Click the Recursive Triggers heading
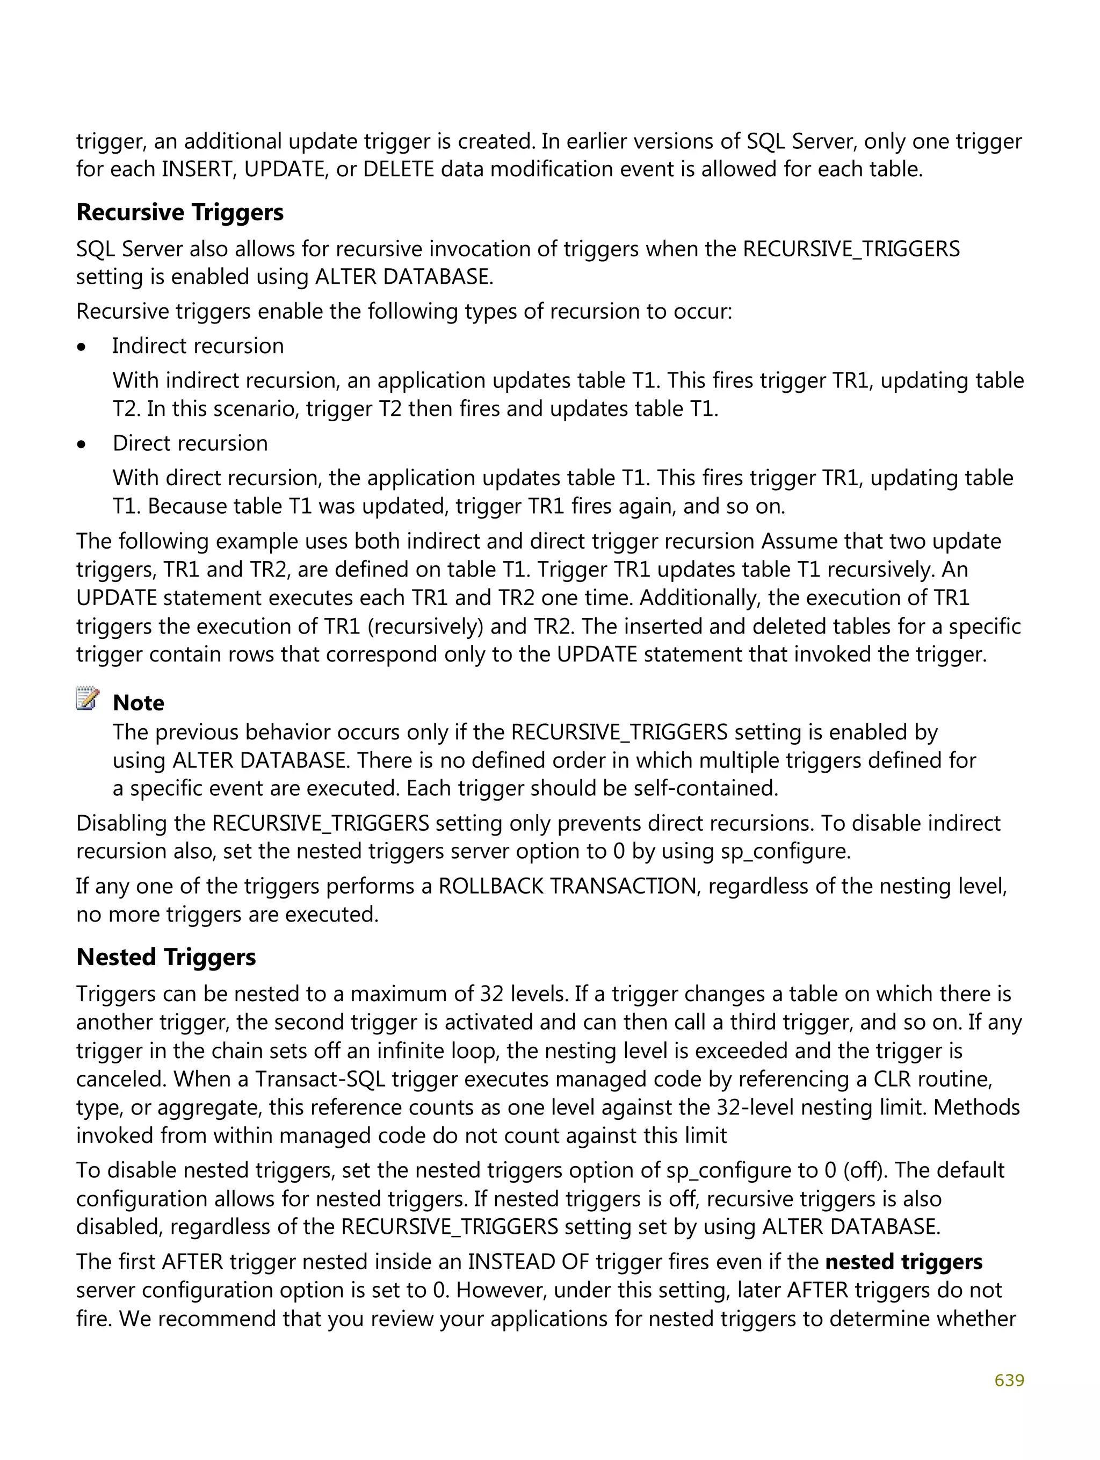coord(179,213)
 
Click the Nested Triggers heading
coord(165,957)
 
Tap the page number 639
coord(1009,1380)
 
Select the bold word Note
coord(139,703)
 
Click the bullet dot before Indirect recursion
coord(82,347)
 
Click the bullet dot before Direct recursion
coord(82,445)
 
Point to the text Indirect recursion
coord(198,346)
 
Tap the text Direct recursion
coord(190,443)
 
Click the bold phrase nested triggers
coord(903,1262)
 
